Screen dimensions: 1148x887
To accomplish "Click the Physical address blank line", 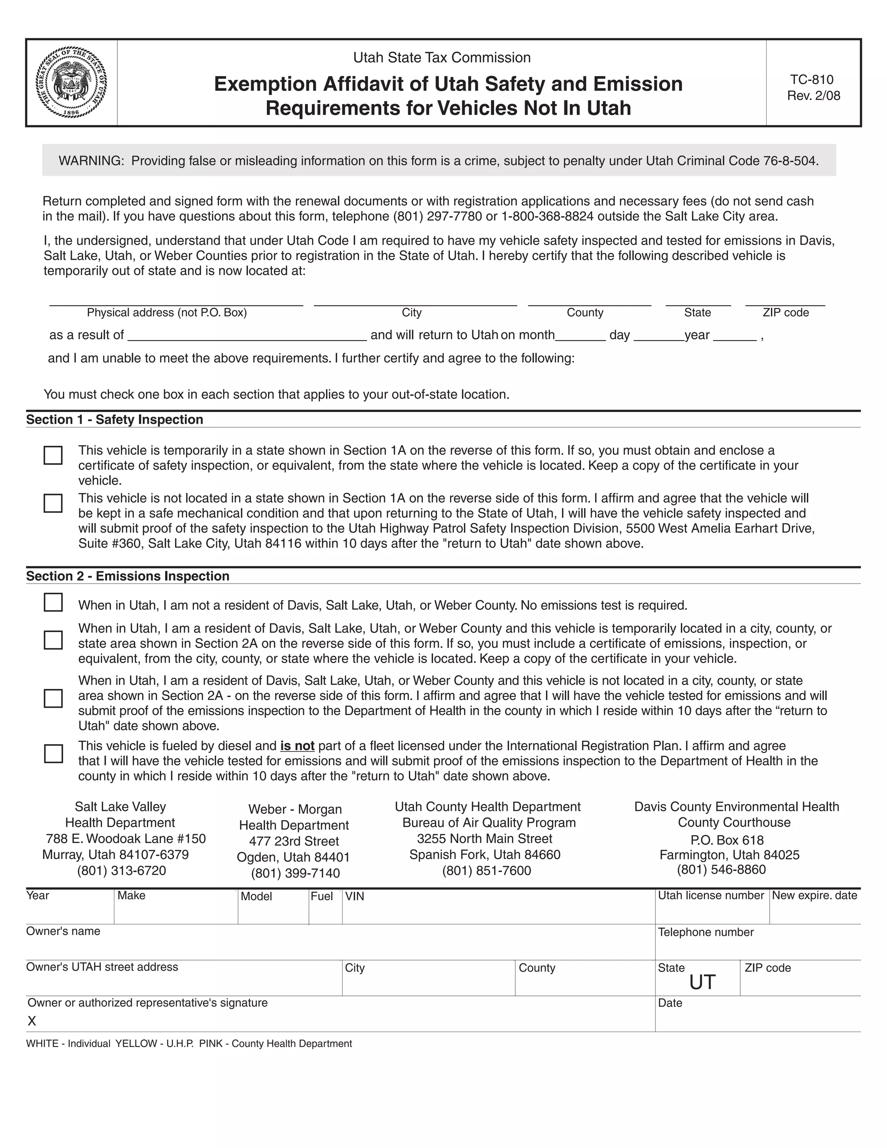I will (176, 300).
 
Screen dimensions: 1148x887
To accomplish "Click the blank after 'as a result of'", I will (247, 335).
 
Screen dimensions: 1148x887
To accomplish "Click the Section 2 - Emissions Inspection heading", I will (128, 576).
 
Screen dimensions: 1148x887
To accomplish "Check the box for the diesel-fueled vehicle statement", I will (53, 753).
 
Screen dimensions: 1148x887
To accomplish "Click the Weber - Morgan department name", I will (295, 809).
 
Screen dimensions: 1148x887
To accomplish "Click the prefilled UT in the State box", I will (702, 983).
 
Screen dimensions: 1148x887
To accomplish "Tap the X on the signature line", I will (32, 1021).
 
